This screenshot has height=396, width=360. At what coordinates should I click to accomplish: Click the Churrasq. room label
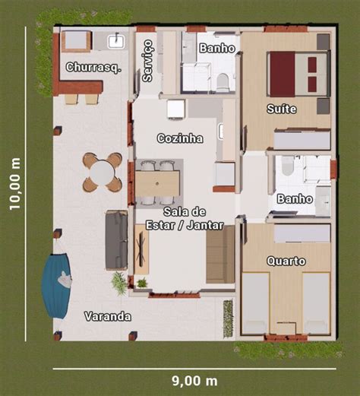(x=93, y=68)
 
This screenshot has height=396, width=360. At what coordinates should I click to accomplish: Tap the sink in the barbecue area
(x=116, y=42)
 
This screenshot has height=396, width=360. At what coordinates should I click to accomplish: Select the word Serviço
(x=148, y=61)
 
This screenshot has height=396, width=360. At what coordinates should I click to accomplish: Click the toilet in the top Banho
(x=223, y=82)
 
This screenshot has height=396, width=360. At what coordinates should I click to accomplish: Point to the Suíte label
(x=282, y=109)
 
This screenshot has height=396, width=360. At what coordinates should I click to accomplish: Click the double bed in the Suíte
(x=298, y=74)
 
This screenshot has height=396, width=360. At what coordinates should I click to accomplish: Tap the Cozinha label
(x=180, y=138)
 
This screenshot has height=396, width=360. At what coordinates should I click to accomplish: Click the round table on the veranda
(x=103, y=172)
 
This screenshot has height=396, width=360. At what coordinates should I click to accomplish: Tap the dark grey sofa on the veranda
(x=116, y=240)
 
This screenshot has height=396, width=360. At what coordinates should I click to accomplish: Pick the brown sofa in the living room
(x=220, y=255)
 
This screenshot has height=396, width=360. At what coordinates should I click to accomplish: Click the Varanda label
(x=108, y=316)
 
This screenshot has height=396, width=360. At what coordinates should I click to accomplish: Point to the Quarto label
(x=286, y=261)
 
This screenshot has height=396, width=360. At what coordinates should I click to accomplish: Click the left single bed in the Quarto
(x=255, y=303)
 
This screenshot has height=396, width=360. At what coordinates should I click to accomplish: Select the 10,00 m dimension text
(x=14, y=184)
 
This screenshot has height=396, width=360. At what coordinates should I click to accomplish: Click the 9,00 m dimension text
(x=194, y=381)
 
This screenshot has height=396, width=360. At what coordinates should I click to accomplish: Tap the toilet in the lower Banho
(x=288, y=166)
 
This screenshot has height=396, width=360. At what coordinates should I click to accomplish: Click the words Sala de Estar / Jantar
(x=185, y=218)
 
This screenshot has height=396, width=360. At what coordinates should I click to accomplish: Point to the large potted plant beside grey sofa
(x=119, y=282)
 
